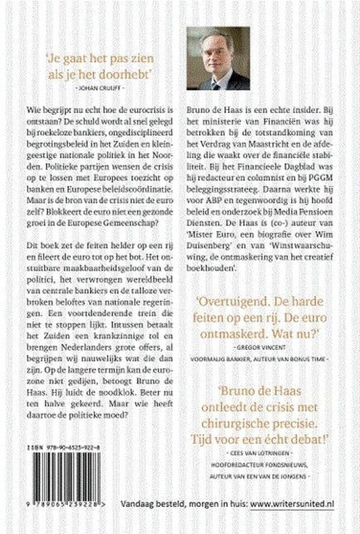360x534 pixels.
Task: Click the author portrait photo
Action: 215,57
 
